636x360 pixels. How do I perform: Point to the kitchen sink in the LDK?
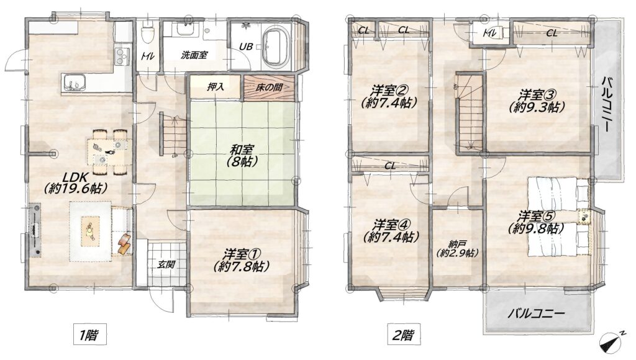tap(75, 83)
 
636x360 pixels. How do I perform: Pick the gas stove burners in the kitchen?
tap(122, 56)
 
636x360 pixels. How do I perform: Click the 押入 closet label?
tap(216, 86)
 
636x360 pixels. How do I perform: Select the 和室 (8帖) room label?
tap(243, 156)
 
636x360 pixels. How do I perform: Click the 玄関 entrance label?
tap(166, 265)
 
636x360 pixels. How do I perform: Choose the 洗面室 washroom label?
tap(194, 55)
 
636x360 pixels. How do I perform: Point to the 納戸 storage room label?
tap(457, 248)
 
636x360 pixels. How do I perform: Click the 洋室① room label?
tap(241, 260)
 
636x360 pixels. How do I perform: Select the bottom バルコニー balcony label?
tap(536, 313)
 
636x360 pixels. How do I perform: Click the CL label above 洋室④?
tap(390, 165)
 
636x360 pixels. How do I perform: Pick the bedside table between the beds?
tap(583, 217)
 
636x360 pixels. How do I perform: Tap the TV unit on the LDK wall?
tap(35, 230)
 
